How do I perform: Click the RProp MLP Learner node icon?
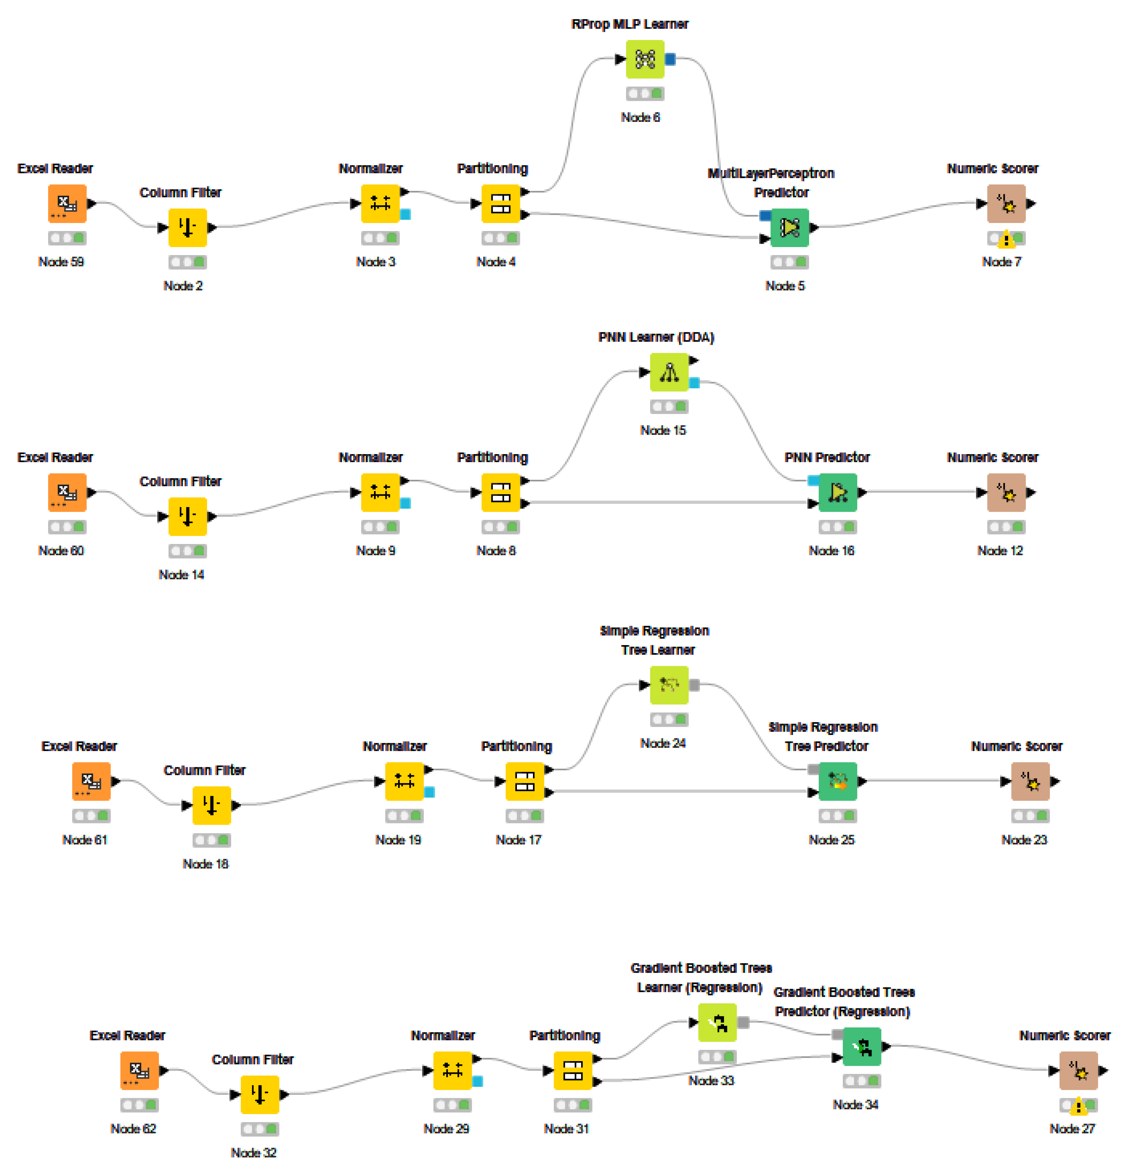(x=644, y=59)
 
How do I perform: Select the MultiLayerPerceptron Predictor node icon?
(x=789, y=227)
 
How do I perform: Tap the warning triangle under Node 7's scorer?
(x=1006, y=240)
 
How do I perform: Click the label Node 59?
(x=61, y=261)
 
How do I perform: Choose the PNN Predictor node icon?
(x=837, y=493)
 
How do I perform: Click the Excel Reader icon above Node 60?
(x=67, y=493)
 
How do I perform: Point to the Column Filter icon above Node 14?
(x=187, y=516)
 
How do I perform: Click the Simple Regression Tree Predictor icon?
(x=837, y=781)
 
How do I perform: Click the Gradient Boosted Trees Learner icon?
(x=717, y=1022)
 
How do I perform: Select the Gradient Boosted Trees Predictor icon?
(x=861, y=1046)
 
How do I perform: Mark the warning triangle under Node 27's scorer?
(x=1078, y=1107)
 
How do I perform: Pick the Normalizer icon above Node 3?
(x=380, y=204)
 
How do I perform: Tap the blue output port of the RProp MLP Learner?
(x=670, y=59)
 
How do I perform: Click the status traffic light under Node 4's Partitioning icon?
(x=500, y=238)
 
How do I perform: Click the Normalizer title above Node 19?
(x=394, y=746)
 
